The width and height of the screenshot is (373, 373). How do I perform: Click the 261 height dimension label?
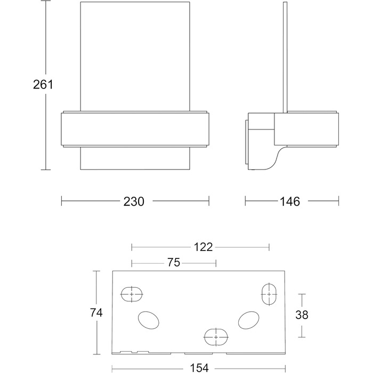[43, 84]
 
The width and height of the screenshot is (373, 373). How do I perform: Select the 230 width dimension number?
[134, 201]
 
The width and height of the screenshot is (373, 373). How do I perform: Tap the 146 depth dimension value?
[290, 201]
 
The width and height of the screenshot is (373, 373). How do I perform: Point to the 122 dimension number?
[203, 247]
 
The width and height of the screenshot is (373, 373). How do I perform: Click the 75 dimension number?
[174, 263]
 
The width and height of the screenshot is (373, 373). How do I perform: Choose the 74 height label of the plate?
[96, 313]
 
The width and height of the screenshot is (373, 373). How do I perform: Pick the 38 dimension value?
[302, 315]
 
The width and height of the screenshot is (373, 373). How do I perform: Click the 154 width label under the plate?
[199, 368]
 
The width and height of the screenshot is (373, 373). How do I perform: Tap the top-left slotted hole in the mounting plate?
[132, 294]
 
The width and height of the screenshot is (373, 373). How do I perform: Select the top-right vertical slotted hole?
[269, 294]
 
